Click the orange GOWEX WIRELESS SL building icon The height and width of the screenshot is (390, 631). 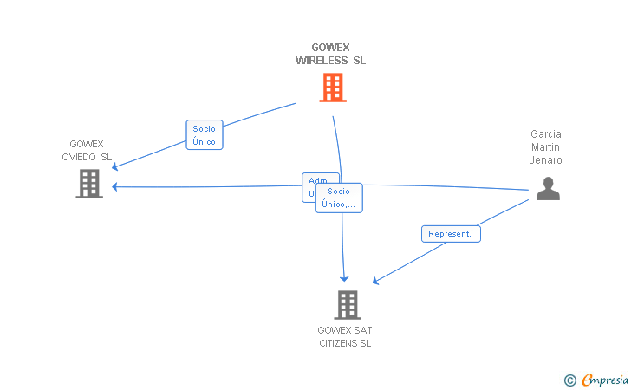[x=333, y=88]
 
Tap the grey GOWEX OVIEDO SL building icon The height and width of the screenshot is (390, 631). [x=89, y=184]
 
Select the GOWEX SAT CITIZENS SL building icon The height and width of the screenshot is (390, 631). [x=348, y=305]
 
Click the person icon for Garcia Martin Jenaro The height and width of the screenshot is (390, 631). [x=548, y=188]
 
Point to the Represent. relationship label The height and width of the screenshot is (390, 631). [x=451, y=233]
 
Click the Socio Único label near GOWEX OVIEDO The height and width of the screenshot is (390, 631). [x=205, y=135]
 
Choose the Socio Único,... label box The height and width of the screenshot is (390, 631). [x=339, y=198]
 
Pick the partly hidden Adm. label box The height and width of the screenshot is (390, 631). [x=309, y=181]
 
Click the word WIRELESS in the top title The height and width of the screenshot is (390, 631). [x=321, y=61]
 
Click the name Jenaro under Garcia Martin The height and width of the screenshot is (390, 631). [x=546, y=160]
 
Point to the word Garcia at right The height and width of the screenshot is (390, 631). [x=546, y=134]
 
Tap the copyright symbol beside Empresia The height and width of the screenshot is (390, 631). [x=570, y=380]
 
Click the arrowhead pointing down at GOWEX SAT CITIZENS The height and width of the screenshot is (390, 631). [x=344, y=278]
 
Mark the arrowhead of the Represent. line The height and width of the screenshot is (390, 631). [x=375, y=281]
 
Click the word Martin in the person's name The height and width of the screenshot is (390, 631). [x=546, y=147]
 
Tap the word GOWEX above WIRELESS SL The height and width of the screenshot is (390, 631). [x=330, y=48]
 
